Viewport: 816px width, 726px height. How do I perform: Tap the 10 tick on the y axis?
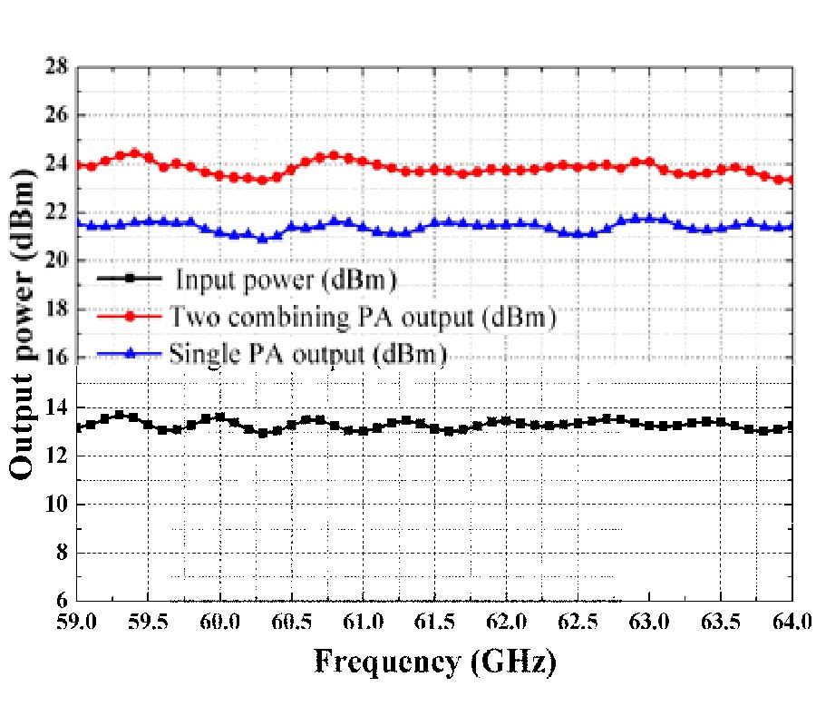[x=58, y=504]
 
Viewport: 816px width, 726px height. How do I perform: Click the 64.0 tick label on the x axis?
[x=792, y=623]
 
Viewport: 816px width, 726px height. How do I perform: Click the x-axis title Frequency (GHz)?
[x=435, y=662]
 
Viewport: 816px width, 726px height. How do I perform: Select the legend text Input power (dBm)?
[x=287, y=281]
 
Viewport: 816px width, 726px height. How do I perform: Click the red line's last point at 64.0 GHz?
[x=792, y=180]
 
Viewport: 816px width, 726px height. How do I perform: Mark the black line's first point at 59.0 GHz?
[x=78, y=427]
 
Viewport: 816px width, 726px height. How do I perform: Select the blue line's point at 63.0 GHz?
[x=649, y=219]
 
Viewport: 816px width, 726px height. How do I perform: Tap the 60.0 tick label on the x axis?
[x=221, y=623]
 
